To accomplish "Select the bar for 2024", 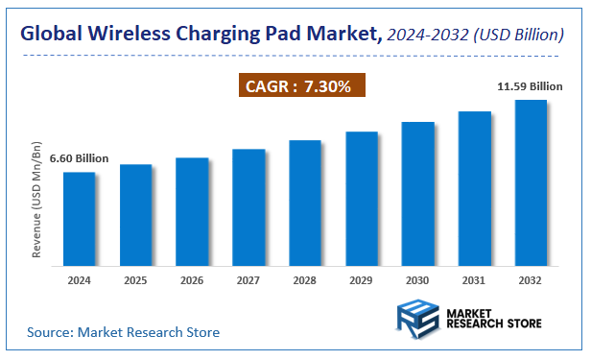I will click(80, 218).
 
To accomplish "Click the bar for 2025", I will click(135, 214).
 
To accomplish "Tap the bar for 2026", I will click(192, 211).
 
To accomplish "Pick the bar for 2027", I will click(248, 206).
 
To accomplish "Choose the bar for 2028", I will click(305, 203).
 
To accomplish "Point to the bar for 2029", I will click(362, 198).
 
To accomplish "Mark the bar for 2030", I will click(418, 193).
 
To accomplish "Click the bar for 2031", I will click(474, 188).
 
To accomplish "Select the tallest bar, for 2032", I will click(531, 182).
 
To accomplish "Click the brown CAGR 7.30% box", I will click(300, 86).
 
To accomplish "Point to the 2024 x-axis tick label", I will click(80, 280).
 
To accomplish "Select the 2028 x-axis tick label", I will click(305, 280).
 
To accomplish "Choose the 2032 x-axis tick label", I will click(531, 280).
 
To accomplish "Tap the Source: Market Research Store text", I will click(123, 332).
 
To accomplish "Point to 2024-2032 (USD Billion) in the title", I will click(474, 36).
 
